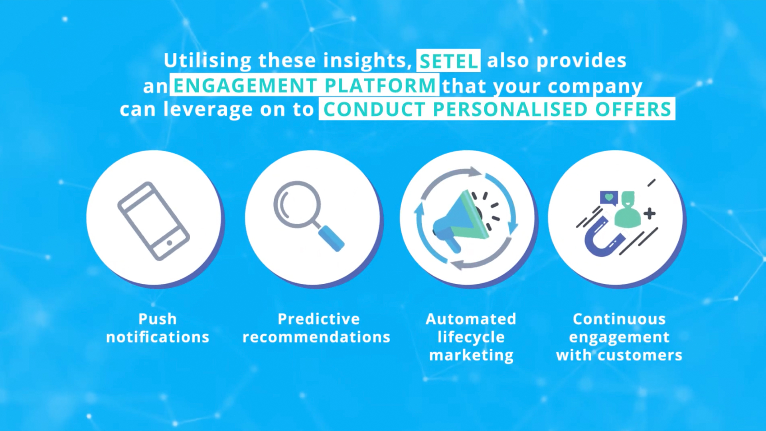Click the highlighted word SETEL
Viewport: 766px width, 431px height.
point(448,61)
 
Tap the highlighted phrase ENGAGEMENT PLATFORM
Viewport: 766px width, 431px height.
point(305,85)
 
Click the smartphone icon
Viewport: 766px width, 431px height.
point(154,221)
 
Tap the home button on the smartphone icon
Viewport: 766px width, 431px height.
point(170,243)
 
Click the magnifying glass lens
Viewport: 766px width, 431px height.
point(297,204)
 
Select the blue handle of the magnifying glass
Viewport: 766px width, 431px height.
point(331,238)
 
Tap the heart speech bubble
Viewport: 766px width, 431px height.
point(609,198)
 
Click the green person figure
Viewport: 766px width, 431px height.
point(628,210)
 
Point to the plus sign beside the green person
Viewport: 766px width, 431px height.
point(650,214)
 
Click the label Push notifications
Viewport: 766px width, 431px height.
point(158,328)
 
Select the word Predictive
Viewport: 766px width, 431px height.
point(319,319)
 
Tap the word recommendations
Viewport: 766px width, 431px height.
point(316,337)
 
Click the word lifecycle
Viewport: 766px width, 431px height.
point(471,338)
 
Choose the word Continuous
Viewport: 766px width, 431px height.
point(619,319)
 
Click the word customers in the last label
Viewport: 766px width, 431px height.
point(640,355)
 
